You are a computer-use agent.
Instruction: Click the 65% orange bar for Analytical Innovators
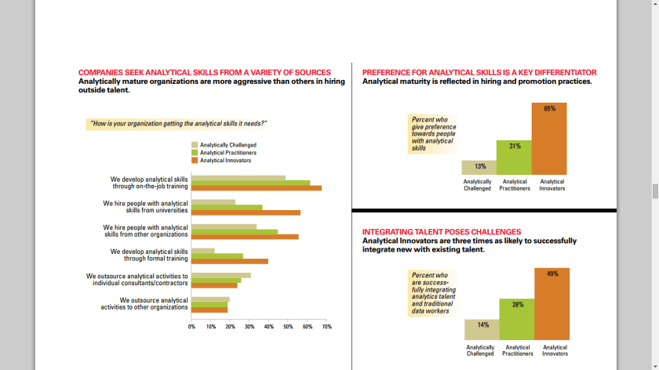pos(548,139)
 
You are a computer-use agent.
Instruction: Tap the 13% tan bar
pos(479,167)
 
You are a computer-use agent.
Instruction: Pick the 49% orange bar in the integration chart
pos(552,304)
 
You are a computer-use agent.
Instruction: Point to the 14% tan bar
pos(481,330)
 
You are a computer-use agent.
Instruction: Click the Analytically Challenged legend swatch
pos(195,145)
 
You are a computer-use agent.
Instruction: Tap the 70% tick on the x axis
pos(327,326)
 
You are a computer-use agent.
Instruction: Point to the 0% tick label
pos(191,326)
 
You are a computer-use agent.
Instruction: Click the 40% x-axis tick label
pos(269,326)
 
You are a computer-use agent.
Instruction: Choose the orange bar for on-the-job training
pos(257,188)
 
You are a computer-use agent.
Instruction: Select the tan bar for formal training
pos(203,251)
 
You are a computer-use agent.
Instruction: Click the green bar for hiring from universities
pos(228,208)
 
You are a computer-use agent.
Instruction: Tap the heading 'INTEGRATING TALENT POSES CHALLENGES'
pos(441,232)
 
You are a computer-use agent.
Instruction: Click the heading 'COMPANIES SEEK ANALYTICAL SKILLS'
pos(204,72)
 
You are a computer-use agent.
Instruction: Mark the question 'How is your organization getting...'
pos(179,124)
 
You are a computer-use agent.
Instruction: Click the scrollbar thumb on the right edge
pos(655,191)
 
